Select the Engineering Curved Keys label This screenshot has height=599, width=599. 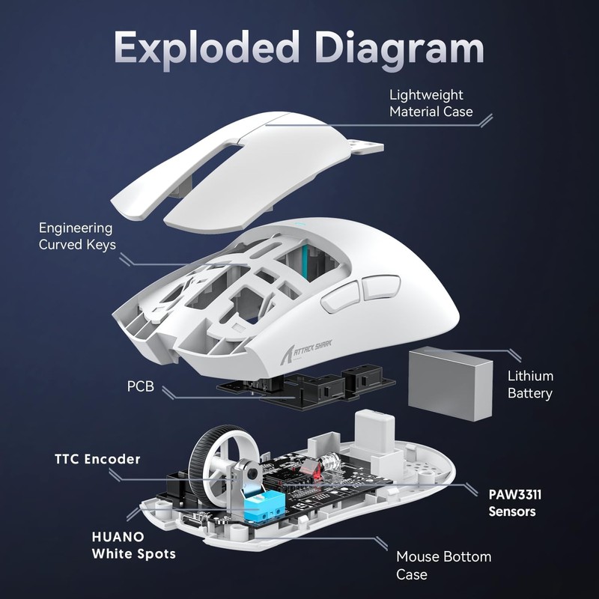point(77,236)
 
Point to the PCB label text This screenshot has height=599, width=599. point(142,388)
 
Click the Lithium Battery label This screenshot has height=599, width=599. point(530,384)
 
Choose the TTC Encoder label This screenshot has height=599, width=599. point(97,458)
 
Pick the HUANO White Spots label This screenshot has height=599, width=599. point(133,545)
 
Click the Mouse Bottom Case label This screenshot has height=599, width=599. point(443,565)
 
